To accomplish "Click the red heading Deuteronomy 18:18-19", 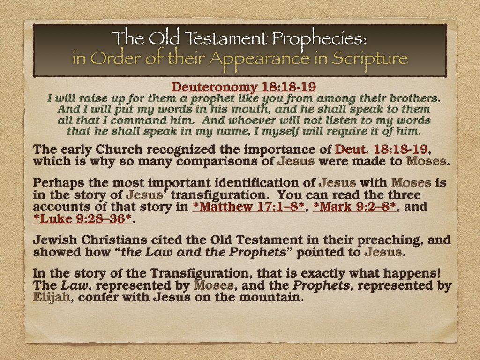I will click(240, 87).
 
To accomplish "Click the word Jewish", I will click(56, 241).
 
